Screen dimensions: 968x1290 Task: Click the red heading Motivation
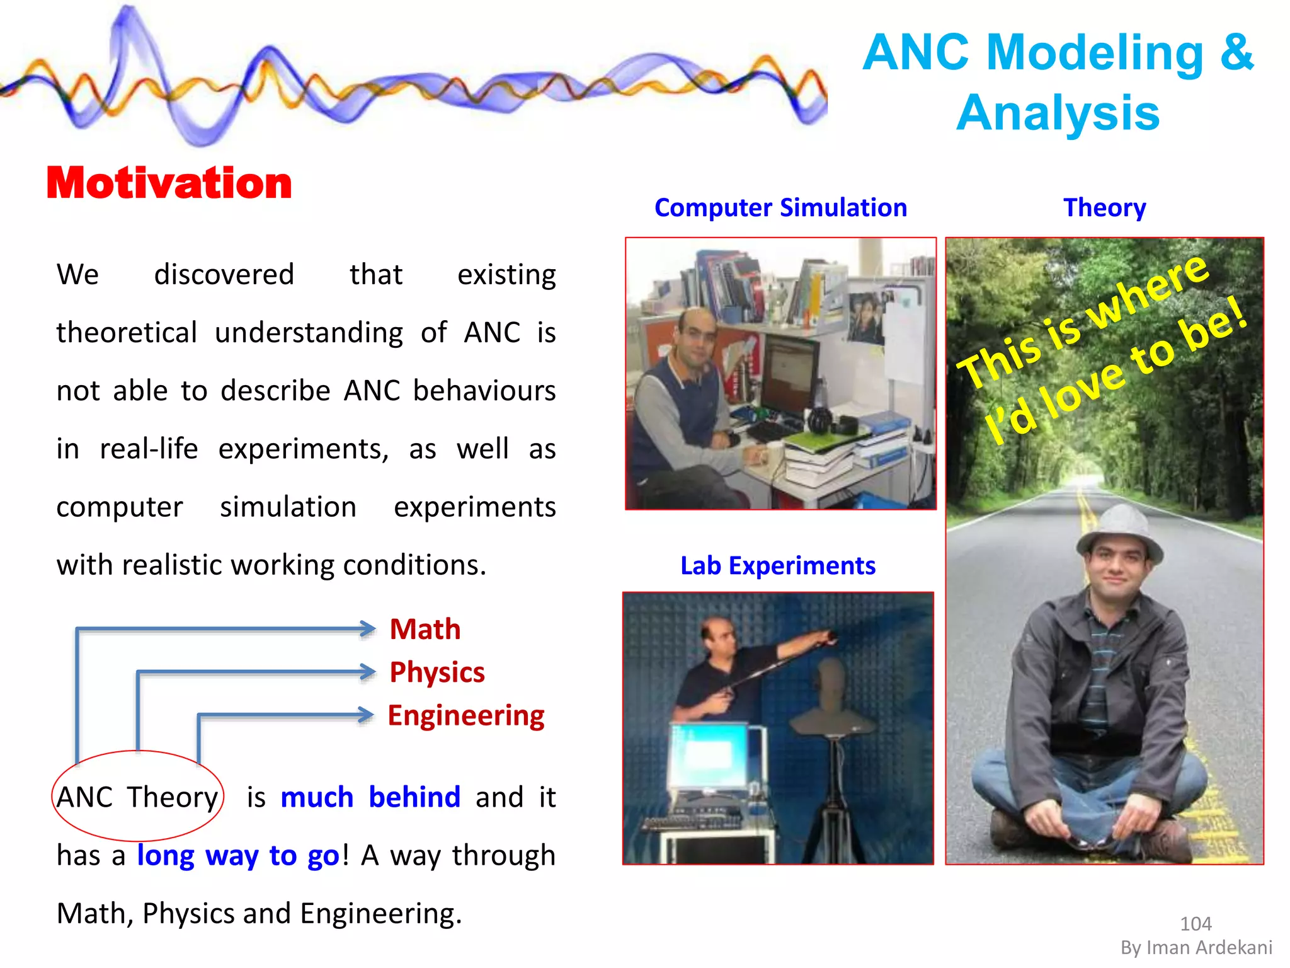[169, 183]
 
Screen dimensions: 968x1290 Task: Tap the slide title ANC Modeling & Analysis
[1058, 82]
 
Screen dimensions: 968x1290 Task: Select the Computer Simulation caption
[780, 207]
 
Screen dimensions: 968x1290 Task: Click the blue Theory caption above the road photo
[1104, 207]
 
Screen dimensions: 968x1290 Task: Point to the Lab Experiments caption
[778, 565]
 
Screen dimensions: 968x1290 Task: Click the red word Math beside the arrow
[425, 629]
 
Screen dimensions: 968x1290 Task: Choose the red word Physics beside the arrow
[437, 672]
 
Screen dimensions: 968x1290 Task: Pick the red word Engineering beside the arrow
[466, 715]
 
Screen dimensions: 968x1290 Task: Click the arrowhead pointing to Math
[367, 628]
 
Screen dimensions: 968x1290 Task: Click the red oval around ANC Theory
[138, 752]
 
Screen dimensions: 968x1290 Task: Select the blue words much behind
[370, 797]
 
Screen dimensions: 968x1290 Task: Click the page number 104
[1195, 924]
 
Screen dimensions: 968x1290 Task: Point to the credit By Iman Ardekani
[1196, 948]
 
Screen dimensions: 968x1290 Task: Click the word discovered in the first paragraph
[224, 274]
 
